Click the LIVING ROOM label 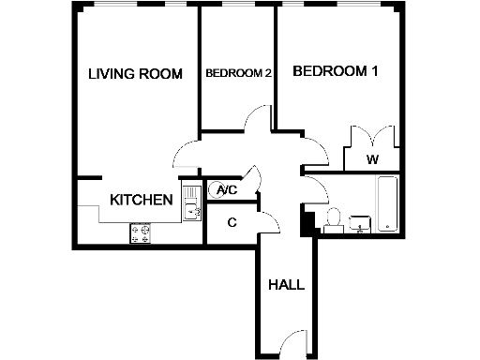point(134,74)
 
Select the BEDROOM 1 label point(336,71)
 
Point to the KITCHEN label point(141,200)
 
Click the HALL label point(286,285)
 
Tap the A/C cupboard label point(227,190)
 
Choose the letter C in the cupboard point(231,222)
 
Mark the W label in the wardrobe point(372,159)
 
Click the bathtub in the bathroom point(386,204)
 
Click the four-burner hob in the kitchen point(142,232)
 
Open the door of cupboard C point(269,222)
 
